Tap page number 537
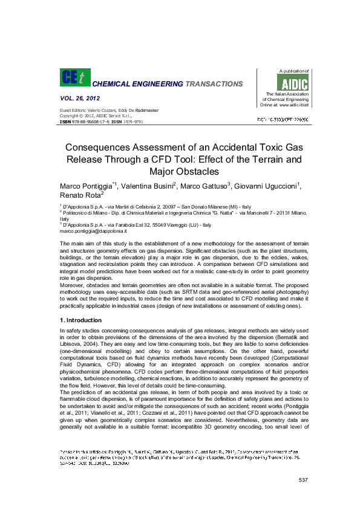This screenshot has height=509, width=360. coord(304,480)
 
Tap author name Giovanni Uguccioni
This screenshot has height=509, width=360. coord(273,184)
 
